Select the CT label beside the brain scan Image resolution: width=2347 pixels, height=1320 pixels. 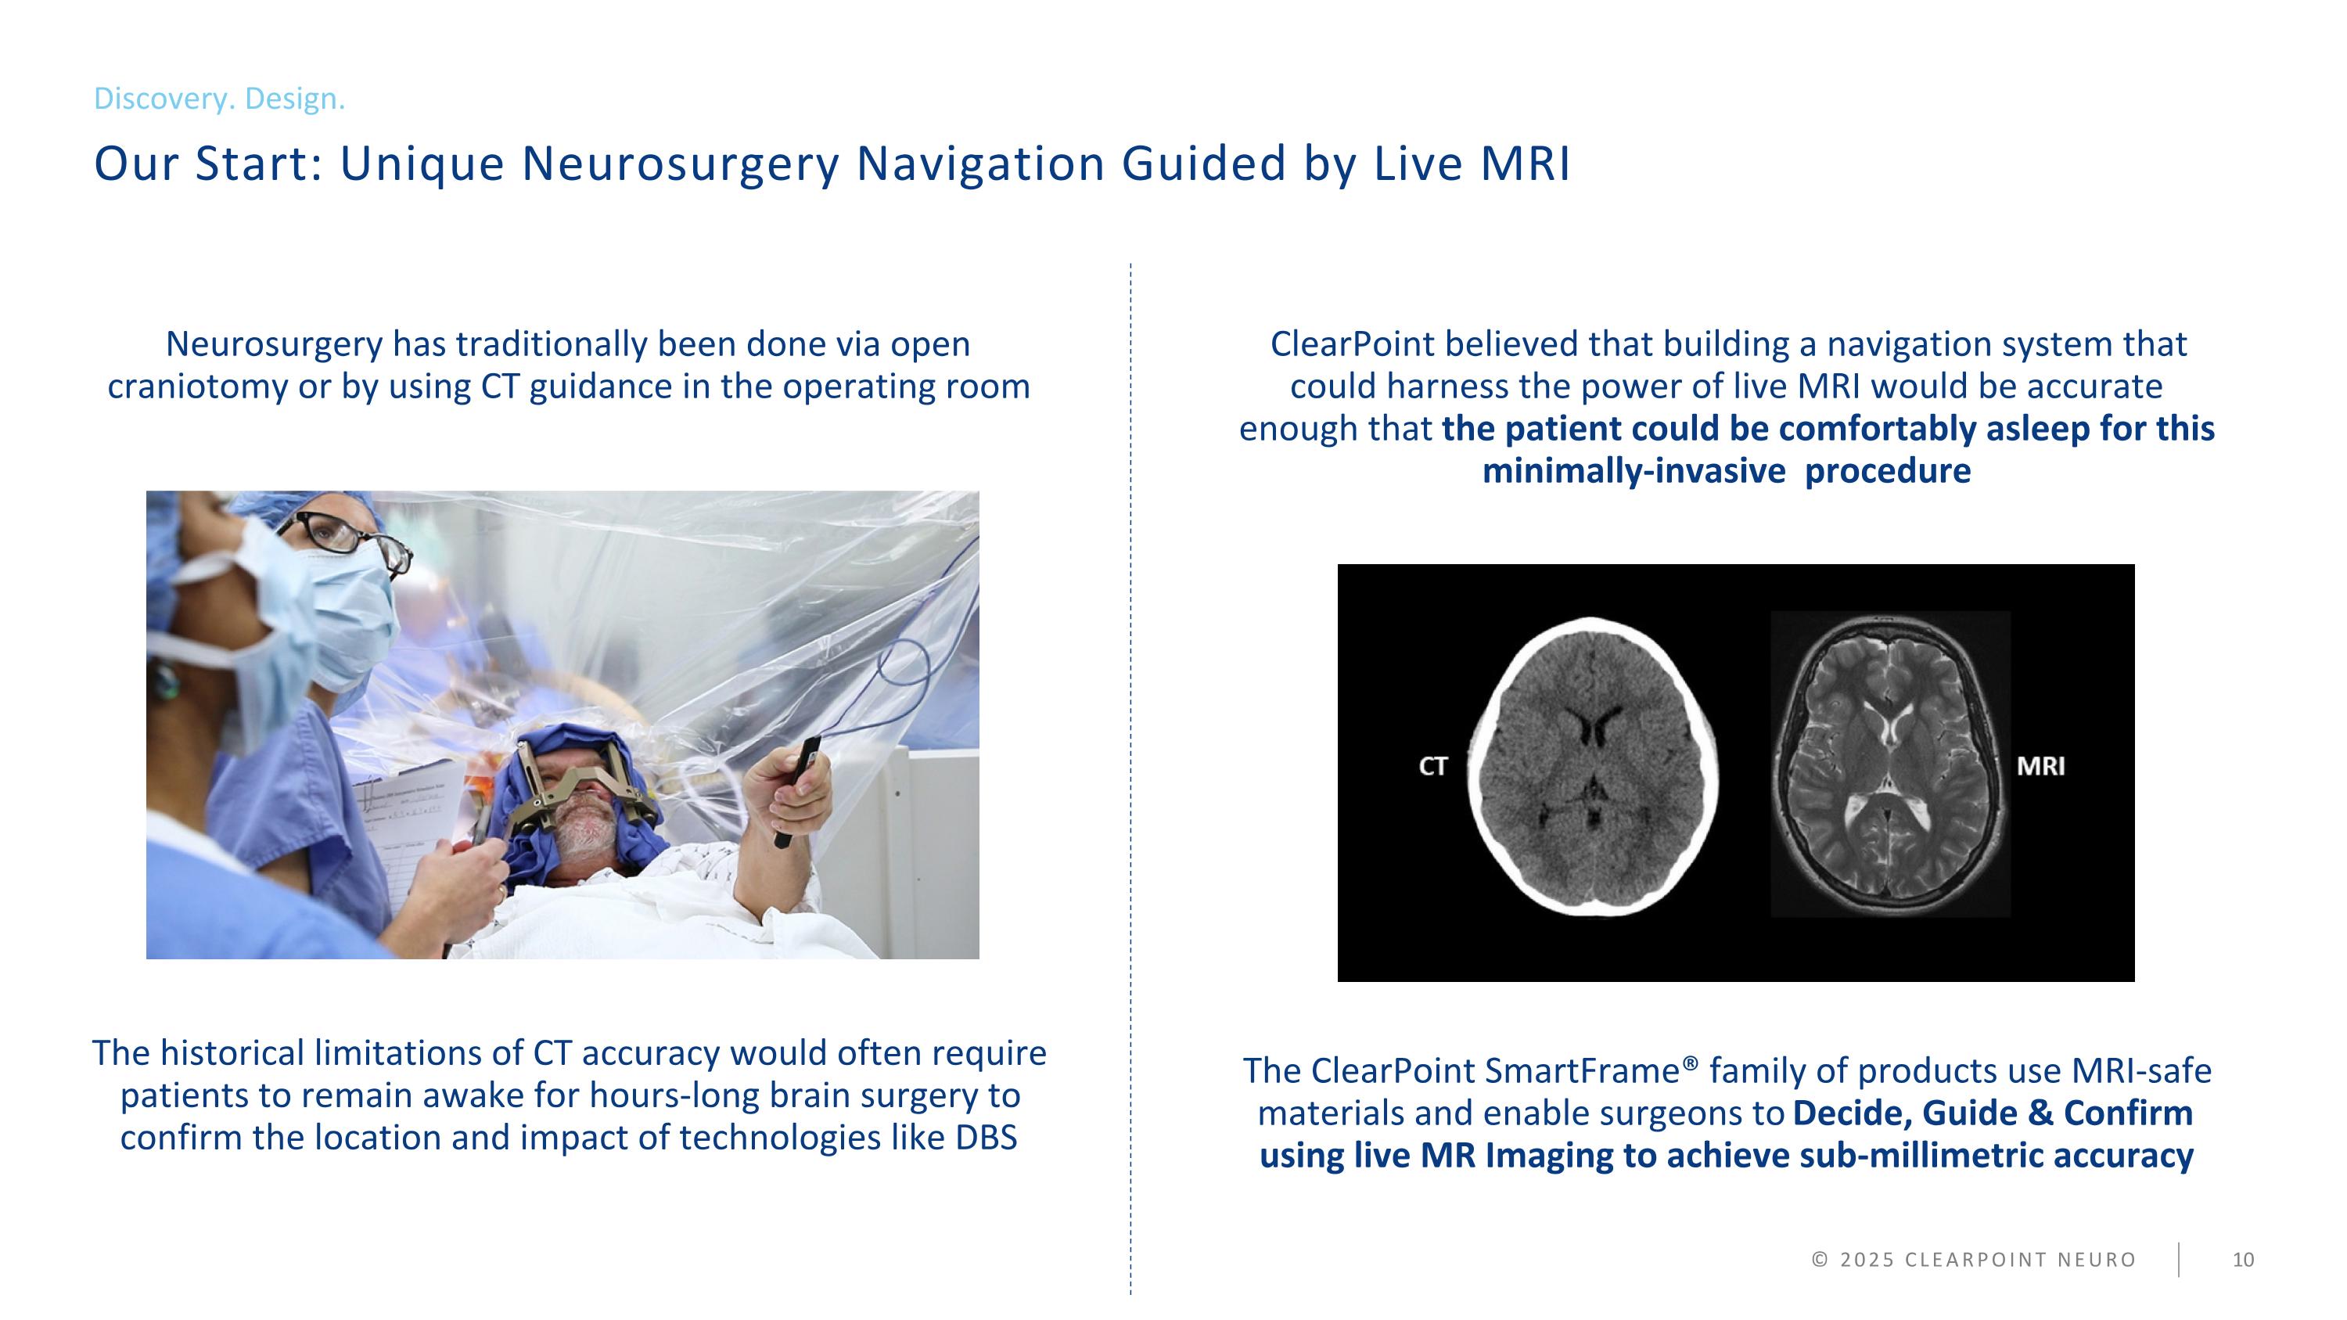(x=1433, y=766)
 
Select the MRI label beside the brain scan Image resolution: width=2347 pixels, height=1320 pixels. (x=2041, y=766)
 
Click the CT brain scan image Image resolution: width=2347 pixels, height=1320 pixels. (x=1593, y=766)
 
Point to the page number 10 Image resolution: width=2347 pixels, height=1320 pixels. (x=2243, y=1260)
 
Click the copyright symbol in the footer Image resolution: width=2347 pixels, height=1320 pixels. (x=1820, y=1260)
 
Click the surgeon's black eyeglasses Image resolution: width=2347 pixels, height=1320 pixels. (x=347, y=538)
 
